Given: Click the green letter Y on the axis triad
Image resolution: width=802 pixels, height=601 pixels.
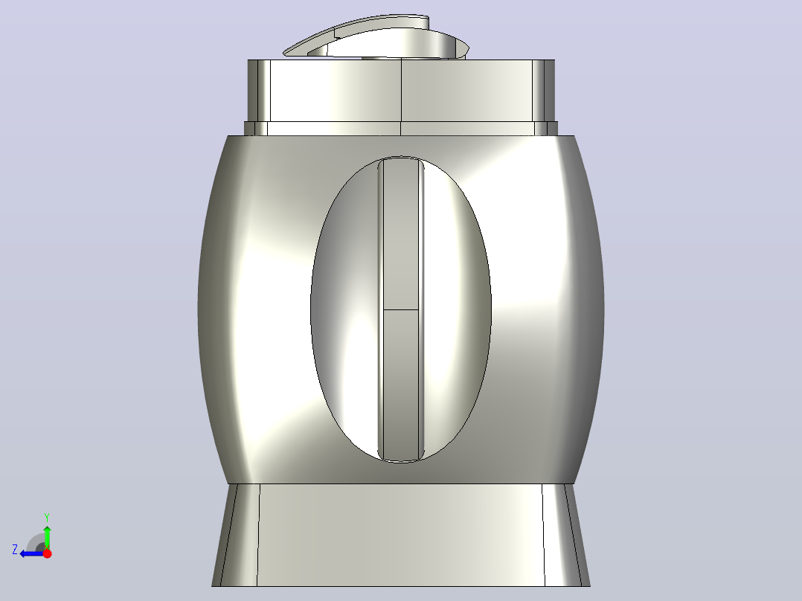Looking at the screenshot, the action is pyautogui.click(x=47, y=517).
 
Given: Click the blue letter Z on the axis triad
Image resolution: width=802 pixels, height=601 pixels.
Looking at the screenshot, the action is pyautogui.click(x=15, y=550).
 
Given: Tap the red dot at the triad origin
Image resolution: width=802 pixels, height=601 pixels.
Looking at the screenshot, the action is pyautogui.click(x=47, y=553).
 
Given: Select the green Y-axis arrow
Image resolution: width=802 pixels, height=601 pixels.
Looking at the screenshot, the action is pyautogui.click(x=47, y=537).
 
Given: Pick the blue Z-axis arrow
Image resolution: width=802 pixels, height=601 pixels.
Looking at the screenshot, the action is pyautogui.click(x=32, y=553).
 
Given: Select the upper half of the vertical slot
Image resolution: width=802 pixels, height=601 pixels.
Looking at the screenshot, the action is pyautogui.click(x=401, y=235).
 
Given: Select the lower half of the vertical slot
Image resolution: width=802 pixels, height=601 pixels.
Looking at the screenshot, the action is pyautogui.click(x=401, y=384).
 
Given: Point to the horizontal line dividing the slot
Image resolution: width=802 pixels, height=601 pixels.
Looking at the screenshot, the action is pyautogui.click(x=401, y=309).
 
